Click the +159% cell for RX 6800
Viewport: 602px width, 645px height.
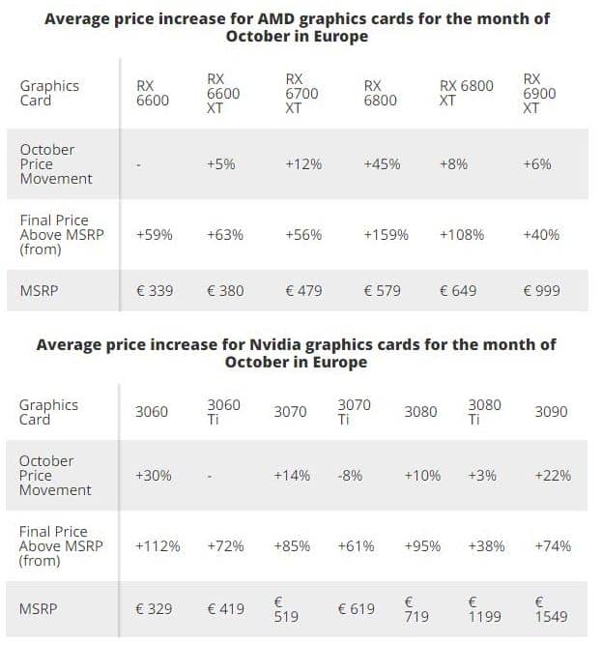click(386, 235)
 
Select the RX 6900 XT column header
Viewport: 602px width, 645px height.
click(531, 93)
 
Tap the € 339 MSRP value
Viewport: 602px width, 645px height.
click(155, 291)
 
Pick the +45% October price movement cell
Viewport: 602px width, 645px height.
click(382, 164)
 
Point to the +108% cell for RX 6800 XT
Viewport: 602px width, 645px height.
click(462, 235)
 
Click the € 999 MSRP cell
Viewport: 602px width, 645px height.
click(540, 291)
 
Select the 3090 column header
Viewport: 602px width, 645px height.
click(551, 412)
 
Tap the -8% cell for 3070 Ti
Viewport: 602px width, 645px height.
click(351, 476)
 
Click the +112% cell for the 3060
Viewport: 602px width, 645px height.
click(158, 546)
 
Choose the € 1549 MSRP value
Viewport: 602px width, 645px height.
click(551, 609)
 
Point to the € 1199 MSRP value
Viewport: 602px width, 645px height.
click(485, 609)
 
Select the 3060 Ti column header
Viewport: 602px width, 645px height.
click(223, 412)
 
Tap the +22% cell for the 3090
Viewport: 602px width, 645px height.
click(552, 476)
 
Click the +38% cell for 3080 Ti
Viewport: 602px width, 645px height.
click(485, 546)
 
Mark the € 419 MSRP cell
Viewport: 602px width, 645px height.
click(225, 609)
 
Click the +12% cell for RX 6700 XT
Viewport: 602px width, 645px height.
click(303, 164)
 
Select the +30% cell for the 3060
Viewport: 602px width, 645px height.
click(155, 476)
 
